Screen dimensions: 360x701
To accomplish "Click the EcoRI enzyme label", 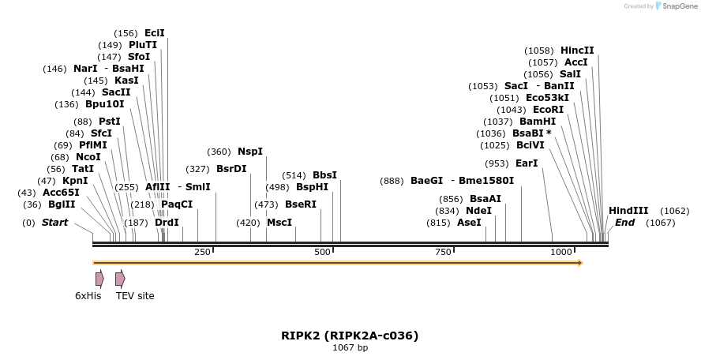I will coord(548,110).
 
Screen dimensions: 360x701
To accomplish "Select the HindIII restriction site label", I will coord(628,211).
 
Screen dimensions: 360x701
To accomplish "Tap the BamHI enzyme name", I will coord(538,122).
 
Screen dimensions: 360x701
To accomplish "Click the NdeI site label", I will coord(478,211).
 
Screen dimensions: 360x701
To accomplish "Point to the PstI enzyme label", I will coord(110,122).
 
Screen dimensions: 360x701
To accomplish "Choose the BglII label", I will coord(62,205).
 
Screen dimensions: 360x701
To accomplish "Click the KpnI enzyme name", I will coord(75,181).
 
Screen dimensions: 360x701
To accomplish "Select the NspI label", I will coord(250,152).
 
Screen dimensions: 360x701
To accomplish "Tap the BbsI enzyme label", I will coord(324,175).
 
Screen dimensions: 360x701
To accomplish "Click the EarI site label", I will coord(527,163).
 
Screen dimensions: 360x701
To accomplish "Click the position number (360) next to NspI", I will coord(219,152).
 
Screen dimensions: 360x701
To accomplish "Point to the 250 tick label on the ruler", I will coord(202,252).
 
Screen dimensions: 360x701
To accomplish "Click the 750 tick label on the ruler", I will coord(444,252).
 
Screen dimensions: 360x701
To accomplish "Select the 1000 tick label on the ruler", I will coord(561,252).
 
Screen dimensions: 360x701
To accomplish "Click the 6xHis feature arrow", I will coord(99,279).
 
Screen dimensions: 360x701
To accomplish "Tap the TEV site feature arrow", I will coord(120,279).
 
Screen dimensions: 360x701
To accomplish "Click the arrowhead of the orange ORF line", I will coord(580,262).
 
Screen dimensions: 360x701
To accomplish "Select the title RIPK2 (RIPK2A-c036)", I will coord(350,336).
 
